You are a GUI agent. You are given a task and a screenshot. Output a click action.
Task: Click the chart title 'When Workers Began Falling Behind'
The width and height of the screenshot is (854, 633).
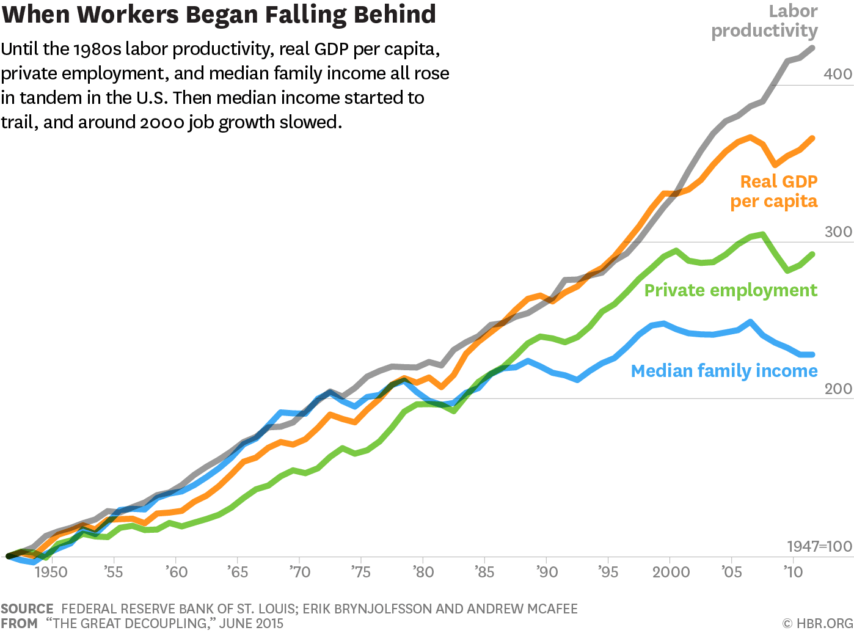click(219, 15)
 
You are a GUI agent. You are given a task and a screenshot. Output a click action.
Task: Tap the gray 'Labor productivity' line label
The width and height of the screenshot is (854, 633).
click(764, 21)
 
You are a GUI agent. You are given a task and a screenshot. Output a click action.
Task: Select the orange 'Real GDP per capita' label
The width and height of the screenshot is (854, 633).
click(774, 191)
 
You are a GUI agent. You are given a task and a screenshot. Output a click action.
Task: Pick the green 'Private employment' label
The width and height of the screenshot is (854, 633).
click(731, 290)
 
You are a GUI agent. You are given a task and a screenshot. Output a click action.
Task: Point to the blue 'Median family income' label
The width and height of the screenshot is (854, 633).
click(724, 371)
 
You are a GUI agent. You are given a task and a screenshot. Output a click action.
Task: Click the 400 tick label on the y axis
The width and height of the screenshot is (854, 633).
click(838, 74)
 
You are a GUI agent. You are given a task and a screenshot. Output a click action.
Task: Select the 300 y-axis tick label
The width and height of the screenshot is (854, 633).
click(838, 232)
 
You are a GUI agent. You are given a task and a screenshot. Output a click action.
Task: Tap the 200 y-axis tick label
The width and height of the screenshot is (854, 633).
click(838, 389)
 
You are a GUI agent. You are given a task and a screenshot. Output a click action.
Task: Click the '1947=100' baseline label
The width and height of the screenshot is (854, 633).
click(819, 546)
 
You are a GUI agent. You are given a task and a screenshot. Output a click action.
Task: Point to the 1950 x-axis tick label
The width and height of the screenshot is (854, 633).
click(51, 573)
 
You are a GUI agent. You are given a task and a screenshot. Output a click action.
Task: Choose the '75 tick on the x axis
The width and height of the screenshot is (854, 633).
click(360, 573)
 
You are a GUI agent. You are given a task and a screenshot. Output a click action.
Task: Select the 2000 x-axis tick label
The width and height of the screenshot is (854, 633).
click(671, 573)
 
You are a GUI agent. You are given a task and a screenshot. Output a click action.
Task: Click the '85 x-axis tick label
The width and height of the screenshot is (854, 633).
click(484, 573)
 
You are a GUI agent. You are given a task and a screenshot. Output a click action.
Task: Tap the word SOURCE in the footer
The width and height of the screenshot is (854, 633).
click(27, 609)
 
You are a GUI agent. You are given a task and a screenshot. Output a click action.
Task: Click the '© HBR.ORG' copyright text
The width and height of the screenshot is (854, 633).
click(817, 624)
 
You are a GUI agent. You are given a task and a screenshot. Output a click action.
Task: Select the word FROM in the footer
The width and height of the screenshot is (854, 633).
click(20, 624)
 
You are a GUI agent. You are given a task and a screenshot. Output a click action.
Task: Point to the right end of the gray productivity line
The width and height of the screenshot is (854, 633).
click(812, 48)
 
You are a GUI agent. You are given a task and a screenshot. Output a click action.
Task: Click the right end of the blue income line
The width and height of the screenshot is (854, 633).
click(812, 354)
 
